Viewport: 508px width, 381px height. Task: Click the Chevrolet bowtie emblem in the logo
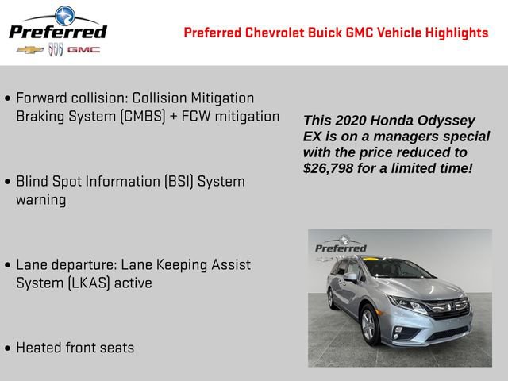coord(30,49)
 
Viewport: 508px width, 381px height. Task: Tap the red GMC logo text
coord(83,49)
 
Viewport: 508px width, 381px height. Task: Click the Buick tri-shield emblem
coord(56,49)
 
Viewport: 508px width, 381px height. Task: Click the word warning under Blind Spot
coord(40,199)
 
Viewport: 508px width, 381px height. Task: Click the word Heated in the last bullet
coord(40,348)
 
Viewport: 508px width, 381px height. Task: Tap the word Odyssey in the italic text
coord(444,121)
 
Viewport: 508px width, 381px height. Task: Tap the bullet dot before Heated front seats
coord(8,348)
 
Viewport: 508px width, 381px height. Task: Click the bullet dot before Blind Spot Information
coord(8,182)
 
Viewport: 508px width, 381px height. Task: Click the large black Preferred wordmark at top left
coord(57,32)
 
